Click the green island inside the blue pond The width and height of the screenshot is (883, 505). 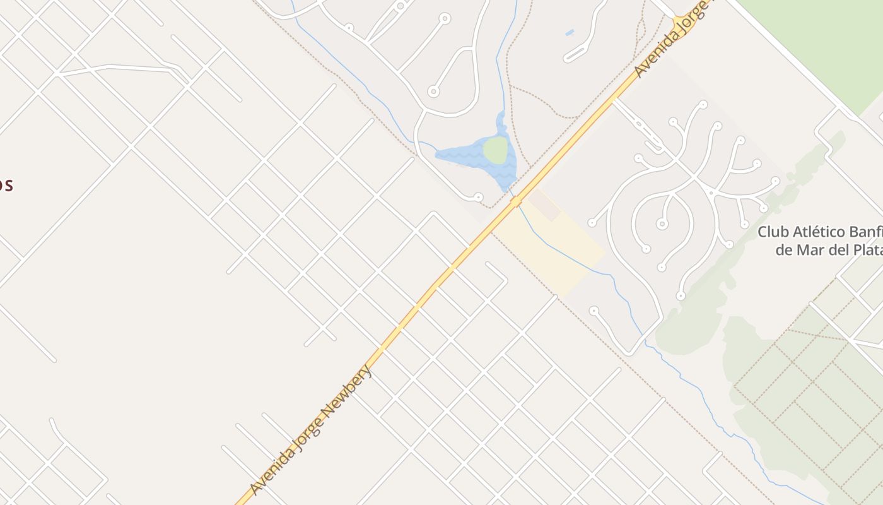(x=496, y=150)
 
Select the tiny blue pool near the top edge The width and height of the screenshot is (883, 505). (x=570, y=32)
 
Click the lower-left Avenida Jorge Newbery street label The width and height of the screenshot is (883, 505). (x=310, y=430)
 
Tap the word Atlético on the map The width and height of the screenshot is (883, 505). (x=816, y=232)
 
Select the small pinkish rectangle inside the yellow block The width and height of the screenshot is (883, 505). (x=544, y=206)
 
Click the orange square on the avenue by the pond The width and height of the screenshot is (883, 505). (x=515, y=201)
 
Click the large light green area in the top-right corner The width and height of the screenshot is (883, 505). (x=820, y=38)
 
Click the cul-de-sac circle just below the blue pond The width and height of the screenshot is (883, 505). (x=478, y=197)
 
